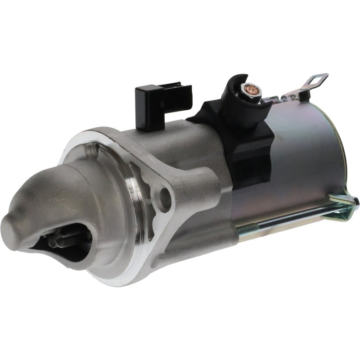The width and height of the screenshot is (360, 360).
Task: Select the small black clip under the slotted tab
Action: tap(304, 95)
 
